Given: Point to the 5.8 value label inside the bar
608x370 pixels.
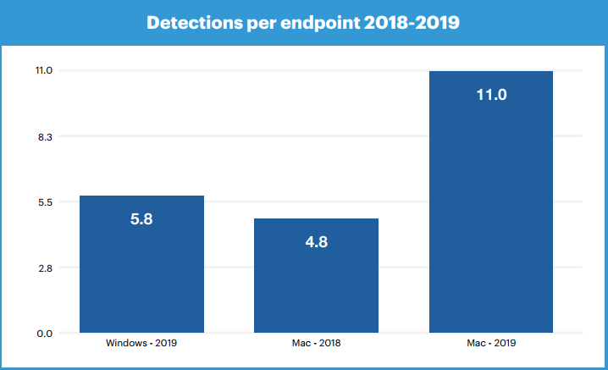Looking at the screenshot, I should click(141, 219).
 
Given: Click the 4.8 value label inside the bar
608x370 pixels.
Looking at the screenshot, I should click(316, 242).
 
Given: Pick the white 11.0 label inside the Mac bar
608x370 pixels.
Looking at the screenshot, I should click(491, 95).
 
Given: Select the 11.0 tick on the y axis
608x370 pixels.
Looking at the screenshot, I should click(44, 70).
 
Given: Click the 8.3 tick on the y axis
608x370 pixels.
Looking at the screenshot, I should click(45, 136).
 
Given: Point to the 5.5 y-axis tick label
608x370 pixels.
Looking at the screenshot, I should click(45, 202).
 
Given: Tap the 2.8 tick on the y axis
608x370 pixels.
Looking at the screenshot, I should click(45, 268).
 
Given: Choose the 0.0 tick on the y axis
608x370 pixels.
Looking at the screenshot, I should click(45, 334).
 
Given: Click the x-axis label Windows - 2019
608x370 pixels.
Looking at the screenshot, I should click(141, 344).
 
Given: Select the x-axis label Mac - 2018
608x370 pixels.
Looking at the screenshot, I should click(316, 344).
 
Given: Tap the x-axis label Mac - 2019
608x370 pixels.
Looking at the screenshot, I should click(491, 344).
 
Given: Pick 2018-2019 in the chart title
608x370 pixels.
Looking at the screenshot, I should click(414, 23).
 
